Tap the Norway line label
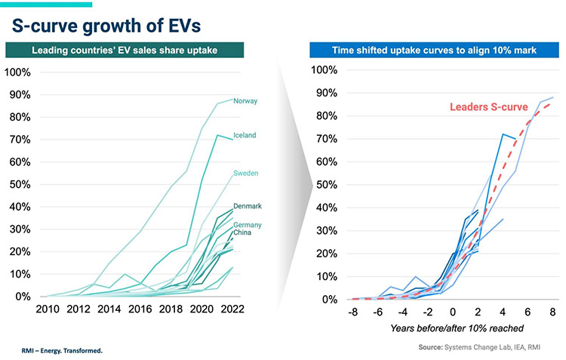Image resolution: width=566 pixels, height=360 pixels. tap(245, 100)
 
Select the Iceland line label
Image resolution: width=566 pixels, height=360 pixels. tap(245, 136)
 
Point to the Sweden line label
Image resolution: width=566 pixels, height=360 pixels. tap(246, 173)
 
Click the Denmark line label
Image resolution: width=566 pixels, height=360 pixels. tap(248, 206)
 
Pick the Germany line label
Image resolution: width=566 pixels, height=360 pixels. tap(248, 225)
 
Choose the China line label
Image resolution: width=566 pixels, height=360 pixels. tap(243, 232)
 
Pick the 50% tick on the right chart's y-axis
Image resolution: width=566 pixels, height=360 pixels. tap(325, 184)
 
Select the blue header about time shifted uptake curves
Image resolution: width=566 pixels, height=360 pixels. tap(435, 51)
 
